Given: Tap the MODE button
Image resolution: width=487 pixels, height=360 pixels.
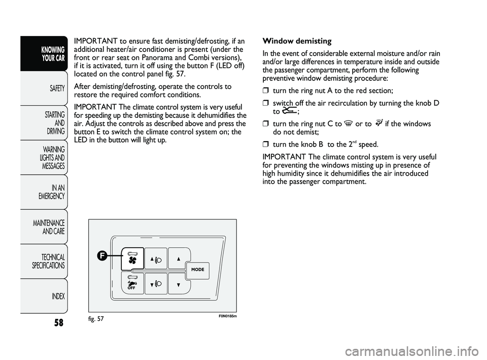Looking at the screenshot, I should (198, 270).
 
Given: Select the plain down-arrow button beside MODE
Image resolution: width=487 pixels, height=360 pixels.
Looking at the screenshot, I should (179, 284).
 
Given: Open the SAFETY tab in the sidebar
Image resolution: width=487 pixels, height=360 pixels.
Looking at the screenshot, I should (57, 88).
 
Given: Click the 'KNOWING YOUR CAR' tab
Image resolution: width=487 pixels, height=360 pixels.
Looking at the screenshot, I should (53, 53).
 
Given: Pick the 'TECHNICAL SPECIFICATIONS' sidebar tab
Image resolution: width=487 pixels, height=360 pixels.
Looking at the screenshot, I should (49, 261).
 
